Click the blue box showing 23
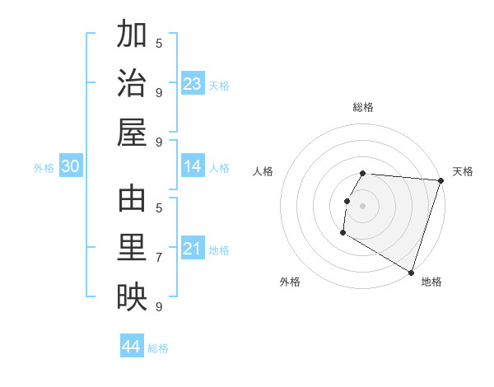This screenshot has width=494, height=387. (x=193, y=84)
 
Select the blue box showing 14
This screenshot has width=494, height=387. (x=193, y=167)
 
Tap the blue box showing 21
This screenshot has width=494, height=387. (x=193, y=249)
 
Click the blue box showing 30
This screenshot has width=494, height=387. (x=70, y=167)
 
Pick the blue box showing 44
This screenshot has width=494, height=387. (x=131, y=347)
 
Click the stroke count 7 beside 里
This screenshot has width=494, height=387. (x=159, y=258)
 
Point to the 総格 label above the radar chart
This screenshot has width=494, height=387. (x=363, y=107)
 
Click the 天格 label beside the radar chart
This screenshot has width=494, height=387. (x=463, y=171)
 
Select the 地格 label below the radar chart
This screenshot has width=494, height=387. (x=431, y=282)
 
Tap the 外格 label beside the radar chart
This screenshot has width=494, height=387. (x=290, y=282)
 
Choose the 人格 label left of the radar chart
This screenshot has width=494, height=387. (x=263, y=171)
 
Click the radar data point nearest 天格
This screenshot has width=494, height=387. (x=440, y=180)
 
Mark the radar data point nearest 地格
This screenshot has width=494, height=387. (x=410, y=272)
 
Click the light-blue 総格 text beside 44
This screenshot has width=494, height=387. (x=158, y=348)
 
